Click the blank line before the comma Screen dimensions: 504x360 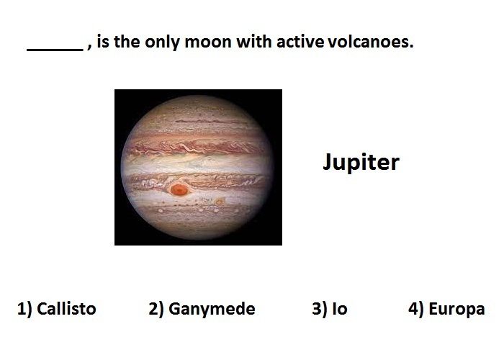pos(55,50)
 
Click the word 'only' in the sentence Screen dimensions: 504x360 pos(163,42)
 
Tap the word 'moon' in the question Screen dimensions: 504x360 pos(208,42)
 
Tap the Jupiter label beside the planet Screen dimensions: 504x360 pos(361,162)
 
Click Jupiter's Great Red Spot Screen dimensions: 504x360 pos(179,189)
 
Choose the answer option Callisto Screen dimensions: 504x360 pos(66,309)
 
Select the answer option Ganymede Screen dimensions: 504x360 pos(212,309)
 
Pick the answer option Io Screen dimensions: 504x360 pos(340,309)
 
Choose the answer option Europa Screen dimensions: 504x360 pos(456,309)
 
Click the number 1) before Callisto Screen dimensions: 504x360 pos(24,309)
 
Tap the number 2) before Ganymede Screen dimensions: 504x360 pos(156,309)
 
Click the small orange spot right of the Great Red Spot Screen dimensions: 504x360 pos(220,202)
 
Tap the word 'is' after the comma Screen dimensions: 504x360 pos(103,42)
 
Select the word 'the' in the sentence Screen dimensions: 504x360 pos(127,42)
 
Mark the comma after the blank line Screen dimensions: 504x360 pos(89,48)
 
